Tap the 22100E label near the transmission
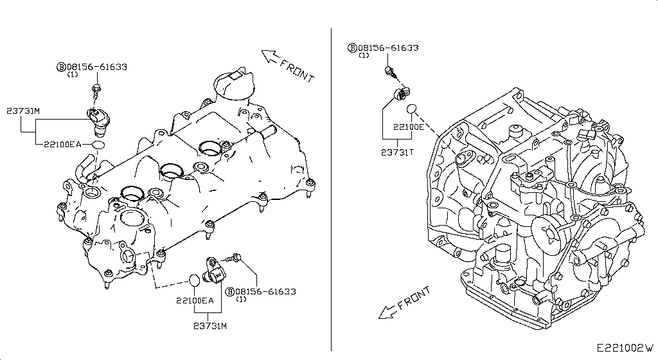click(409, 127)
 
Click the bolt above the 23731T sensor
click(389, 71)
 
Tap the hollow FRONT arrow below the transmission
click(387, 312)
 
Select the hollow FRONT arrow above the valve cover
click(270, 57)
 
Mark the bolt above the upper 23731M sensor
click(96, 89)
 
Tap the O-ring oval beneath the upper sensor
click(96, 145)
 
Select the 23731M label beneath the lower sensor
click(211, 326)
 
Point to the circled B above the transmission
click(352, 48)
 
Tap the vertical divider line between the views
click(330, 193)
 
